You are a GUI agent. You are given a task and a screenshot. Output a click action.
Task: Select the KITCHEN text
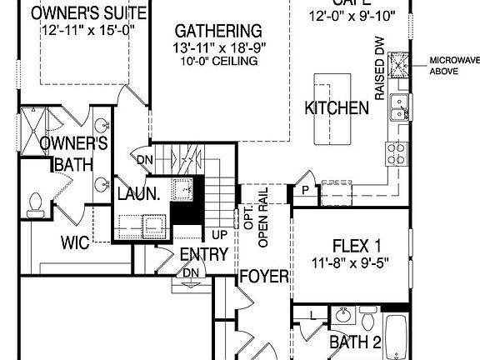337,108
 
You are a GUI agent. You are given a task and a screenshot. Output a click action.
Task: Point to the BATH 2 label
355,342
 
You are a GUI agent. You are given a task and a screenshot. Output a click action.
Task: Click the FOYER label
263,277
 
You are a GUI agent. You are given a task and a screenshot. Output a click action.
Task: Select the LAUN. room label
138,194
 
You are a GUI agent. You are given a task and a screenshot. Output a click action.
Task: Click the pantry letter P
306,191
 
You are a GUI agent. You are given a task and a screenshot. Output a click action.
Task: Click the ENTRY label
203,254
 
